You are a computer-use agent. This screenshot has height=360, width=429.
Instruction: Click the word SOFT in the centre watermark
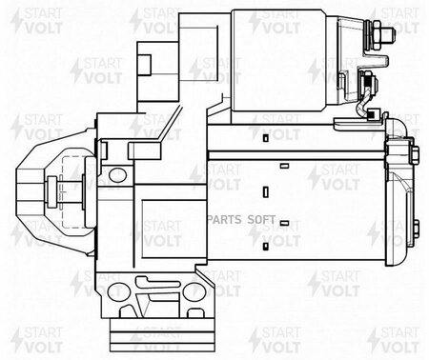[x=261, y=220]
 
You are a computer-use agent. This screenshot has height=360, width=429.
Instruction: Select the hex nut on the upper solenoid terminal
[x=377, y=34]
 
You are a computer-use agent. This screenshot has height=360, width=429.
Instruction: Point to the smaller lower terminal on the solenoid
[x=369, y=84]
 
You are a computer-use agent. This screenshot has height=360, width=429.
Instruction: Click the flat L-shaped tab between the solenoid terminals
[x=374, y=63]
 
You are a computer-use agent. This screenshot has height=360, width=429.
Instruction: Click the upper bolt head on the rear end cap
[x=415, y=155]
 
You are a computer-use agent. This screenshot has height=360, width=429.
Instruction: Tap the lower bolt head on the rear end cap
[x=417, y=232]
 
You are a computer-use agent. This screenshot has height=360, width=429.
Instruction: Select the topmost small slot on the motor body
[x=266, y=138]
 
